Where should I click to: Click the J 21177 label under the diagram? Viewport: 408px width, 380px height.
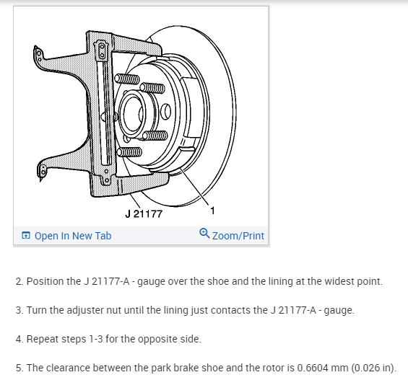click(x=144, y=214)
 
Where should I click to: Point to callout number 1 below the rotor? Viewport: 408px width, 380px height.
click(x=212, y=211)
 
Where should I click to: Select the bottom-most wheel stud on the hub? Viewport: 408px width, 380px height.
click(x=129, y=151)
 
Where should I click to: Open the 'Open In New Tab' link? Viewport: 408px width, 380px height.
click(x=72, y=236)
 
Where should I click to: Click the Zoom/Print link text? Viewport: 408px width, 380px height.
click(x=238, y=236)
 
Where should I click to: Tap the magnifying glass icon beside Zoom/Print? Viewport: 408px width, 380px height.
click(x=204, y=234)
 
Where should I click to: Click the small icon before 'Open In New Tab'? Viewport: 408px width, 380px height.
click(x=26, y=236)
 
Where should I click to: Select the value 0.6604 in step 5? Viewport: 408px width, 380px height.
click(x=281, y=368)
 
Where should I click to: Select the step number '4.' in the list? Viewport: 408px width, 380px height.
click(x=20, y=339)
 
